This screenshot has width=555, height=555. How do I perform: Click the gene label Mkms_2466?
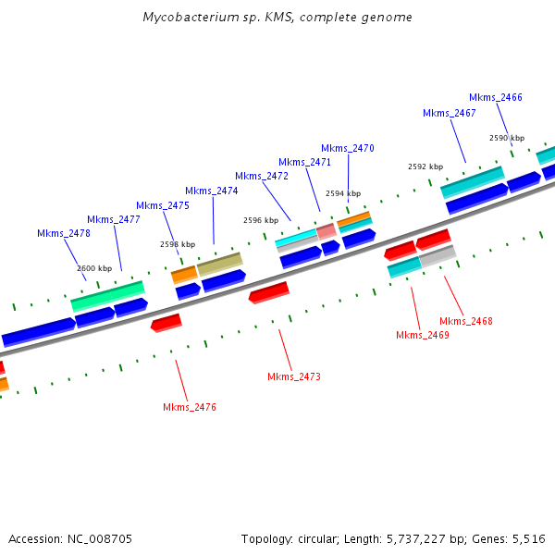(x=496, y=97)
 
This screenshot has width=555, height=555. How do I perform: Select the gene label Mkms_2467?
(x=450, y=113)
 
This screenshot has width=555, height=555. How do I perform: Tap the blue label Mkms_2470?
(x=348, y=148)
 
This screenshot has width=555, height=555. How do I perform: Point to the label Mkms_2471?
(x=305, y=162)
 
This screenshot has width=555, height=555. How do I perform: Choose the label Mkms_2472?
(x=262, y=176)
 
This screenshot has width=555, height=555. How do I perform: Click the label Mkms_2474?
(x=212, y=191)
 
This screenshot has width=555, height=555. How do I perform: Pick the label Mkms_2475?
(x=163, y=205)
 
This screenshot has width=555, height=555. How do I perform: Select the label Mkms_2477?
(x=114, y=219)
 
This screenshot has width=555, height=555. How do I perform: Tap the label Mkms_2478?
(x=64, y=233)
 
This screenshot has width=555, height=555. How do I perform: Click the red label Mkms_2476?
(x=190, y=407)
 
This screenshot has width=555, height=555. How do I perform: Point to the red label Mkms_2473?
(x=294, y=376)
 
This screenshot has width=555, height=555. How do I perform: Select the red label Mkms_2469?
(x=423, y=335)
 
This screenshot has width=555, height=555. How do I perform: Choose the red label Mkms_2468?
(x=466, y=321)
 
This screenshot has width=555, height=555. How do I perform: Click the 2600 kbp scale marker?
(x=94, y=268)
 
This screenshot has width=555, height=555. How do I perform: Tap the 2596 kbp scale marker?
(x=261, y=220)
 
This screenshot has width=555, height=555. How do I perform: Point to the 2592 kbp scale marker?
(x=425, y=166)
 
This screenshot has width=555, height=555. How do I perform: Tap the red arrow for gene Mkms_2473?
(x=269, y=292)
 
